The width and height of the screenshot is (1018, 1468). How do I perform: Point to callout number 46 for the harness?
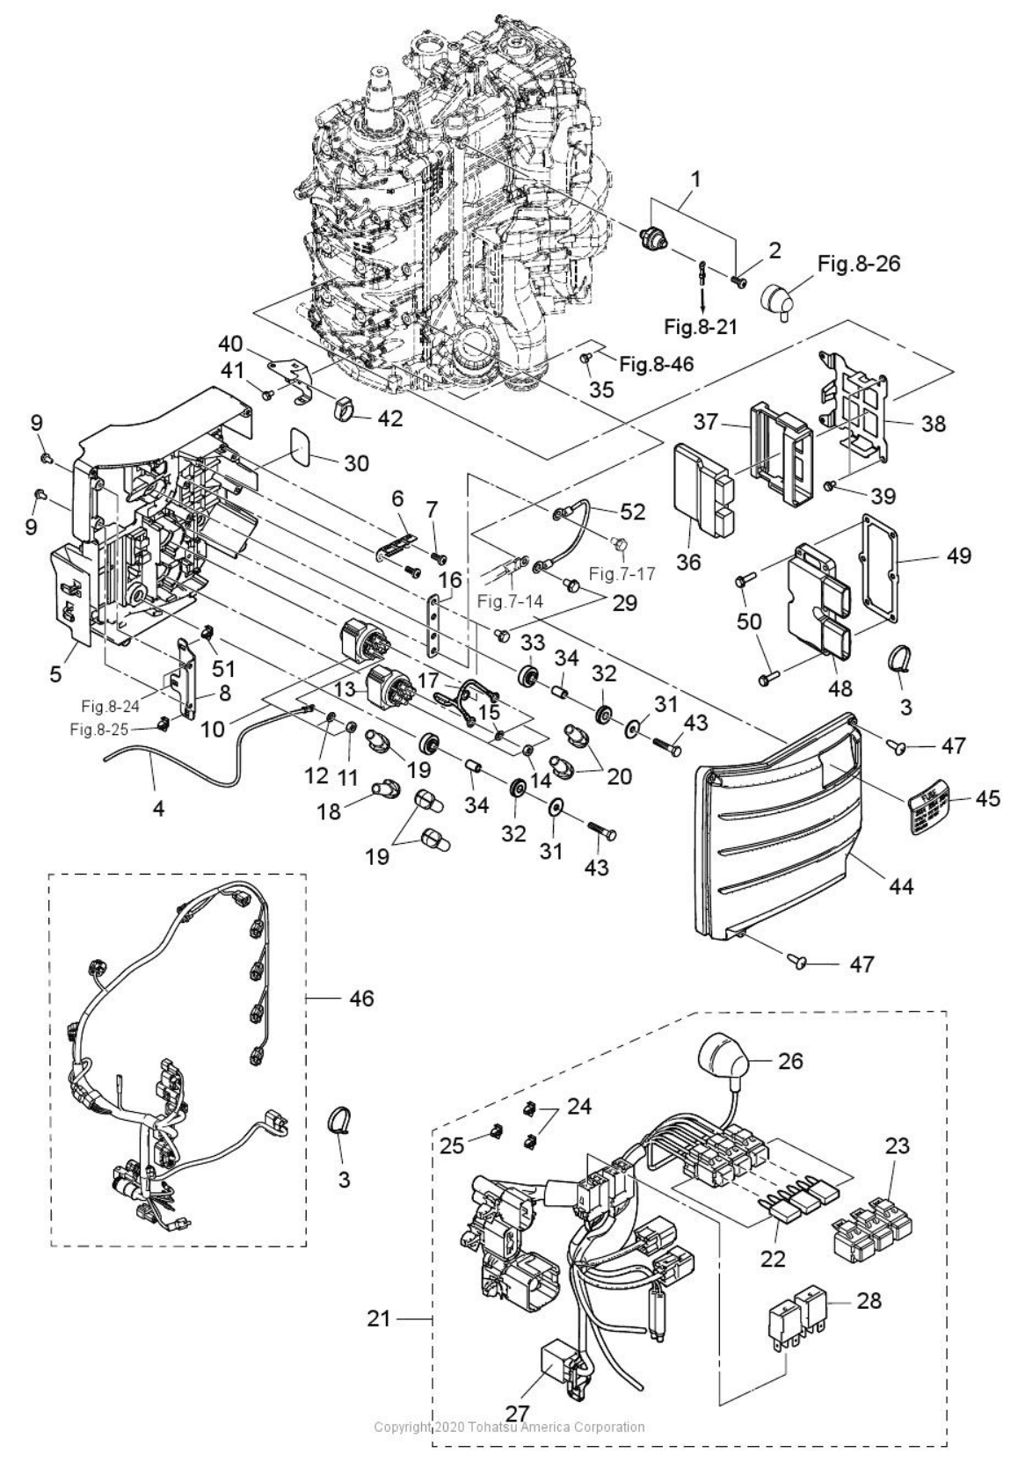pos(361,998)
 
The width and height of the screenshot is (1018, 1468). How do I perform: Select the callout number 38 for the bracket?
pos(934,423)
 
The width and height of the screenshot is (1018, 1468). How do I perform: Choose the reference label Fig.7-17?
pos(622,575)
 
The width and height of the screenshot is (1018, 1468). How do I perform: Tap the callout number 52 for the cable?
pos(632,512)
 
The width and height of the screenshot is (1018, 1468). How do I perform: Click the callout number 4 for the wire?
pos(158,808)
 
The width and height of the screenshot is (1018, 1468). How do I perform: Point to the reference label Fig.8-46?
pos(656,362)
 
